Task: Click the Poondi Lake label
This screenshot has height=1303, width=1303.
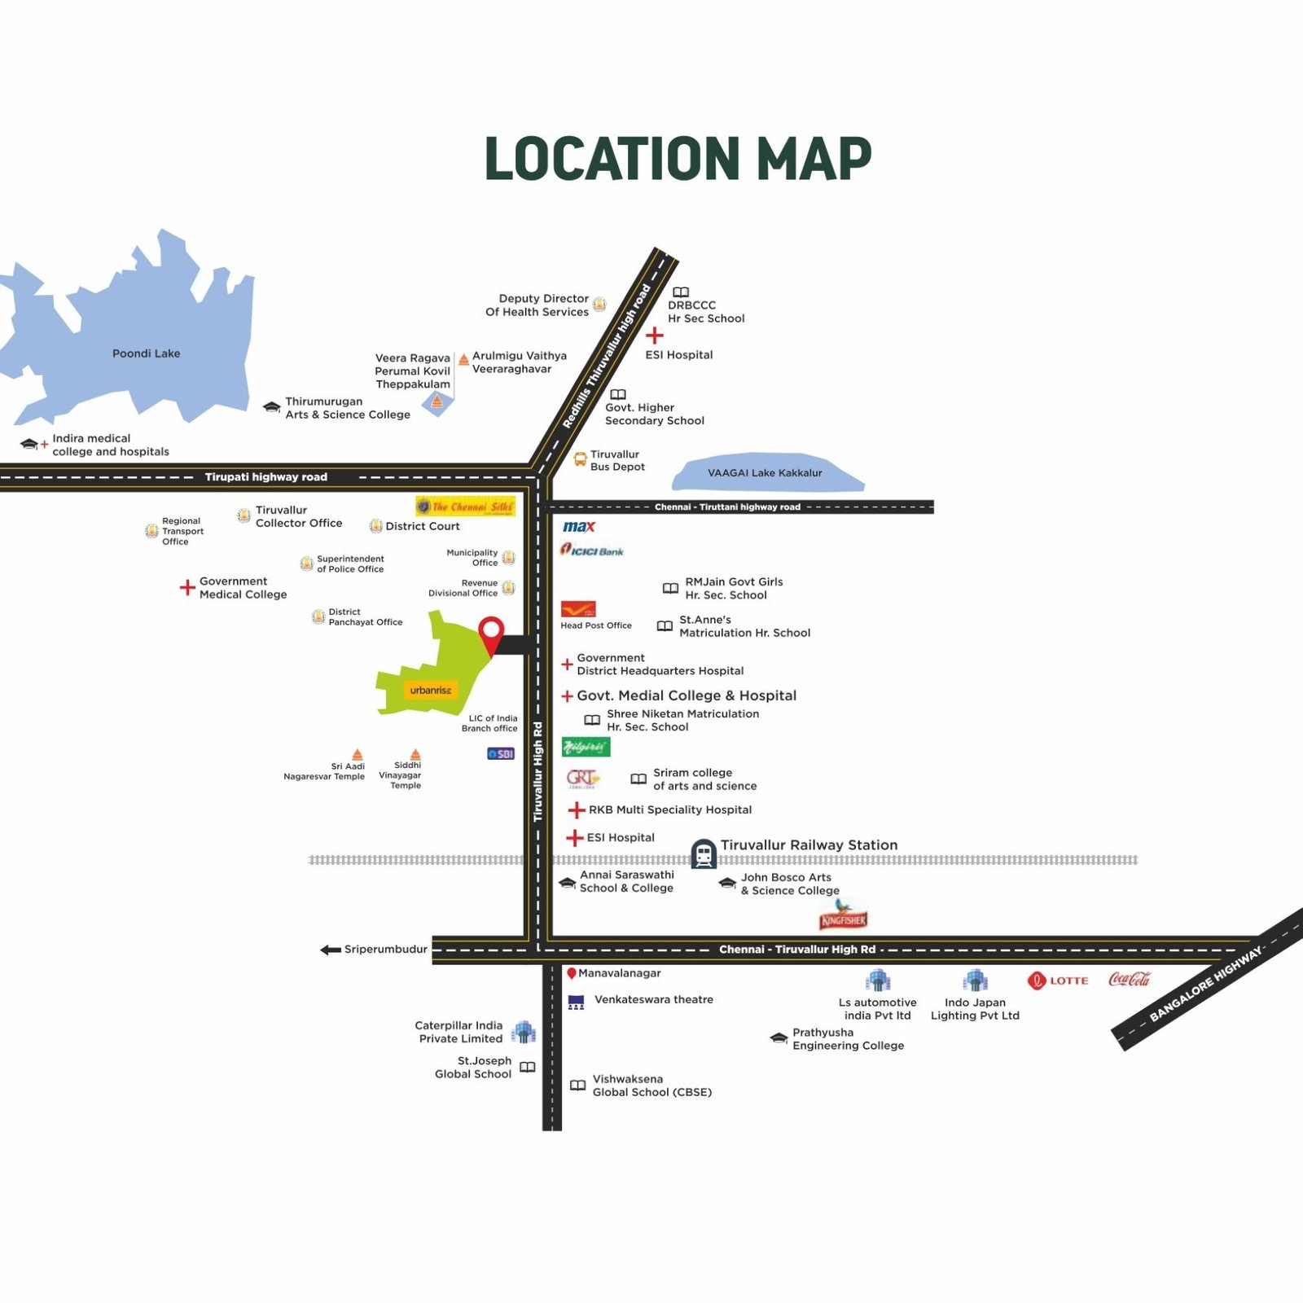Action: tap(147, 353)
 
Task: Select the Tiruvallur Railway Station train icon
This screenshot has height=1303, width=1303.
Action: tap(704, 853)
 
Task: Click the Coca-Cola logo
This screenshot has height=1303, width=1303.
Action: tap(1129, 979)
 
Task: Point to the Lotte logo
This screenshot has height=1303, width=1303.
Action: tap(1058, 981)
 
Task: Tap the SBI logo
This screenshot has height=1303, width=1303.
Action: tap(501, 754)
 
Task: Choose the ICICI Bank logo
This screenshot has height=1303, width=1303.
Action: tap(592, 551)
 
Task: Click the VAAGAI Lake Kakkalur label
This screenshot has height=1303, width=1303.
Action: tap(765, 473)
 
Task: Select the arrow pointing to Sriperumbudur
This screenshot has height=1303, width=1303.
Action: tap(331, 950)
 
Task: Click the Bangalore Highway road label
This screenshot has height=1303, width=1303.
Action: tap(1206, 984)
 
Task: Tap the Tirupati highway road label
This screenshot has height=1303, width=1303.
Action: tap(266, 477)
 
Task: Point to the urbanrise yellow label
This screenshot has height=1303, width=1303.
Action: tap(430, 691)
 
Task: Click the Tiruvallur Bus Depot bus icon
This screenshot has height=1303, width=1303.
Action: tap(581, 460)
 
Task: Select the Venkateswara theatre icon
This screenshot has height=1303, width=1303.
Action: tap(576, 1002)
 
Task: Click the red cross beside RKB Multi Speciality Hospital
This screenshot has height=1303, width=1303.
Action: tap(577, 809)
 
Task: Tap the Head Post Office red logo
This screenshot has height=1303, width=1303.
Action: tap(578, 609)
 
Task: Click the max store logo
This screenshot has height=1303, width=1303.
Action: tap(579, 527)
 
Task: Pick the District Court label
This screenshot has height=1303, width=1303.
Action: tap(423, 526)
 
